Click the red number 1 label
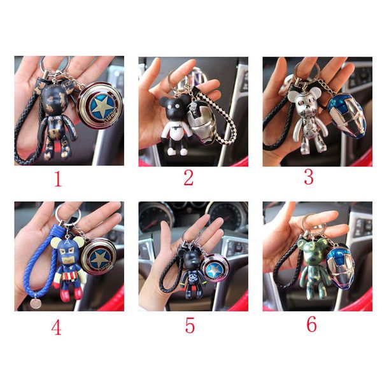pos(58,179)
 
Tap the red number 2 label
pos(188,178)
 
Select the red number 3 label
pos(309,177)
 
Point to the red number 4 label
pos(56,327)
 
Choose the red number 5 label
pos(190,325)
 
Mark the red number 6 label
pos(311,324)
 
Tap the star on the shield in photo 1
pos(102,106)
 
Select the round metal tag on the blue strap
pos(35,304)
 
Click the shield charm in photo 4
pos(99,257)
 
